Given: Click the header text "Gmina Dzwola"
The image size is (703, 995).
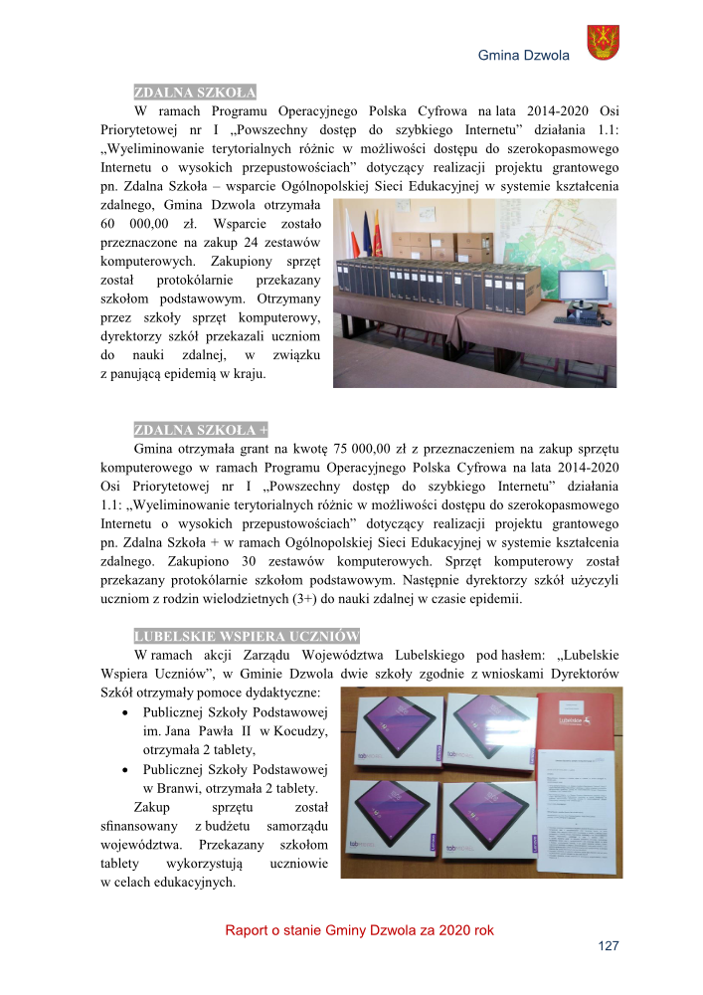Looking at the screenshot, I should click(x=524, y=56).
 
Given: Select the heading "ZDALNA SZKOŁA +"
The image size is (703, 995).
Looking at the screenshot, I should click(x=201, y=430).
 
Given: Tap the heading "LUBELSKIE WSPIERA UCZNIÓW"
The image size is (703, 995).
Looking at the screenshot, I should click(x=247, y=636).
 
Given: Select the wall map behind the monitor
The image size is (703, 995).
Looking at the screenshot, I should click(x=557, y=239).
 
